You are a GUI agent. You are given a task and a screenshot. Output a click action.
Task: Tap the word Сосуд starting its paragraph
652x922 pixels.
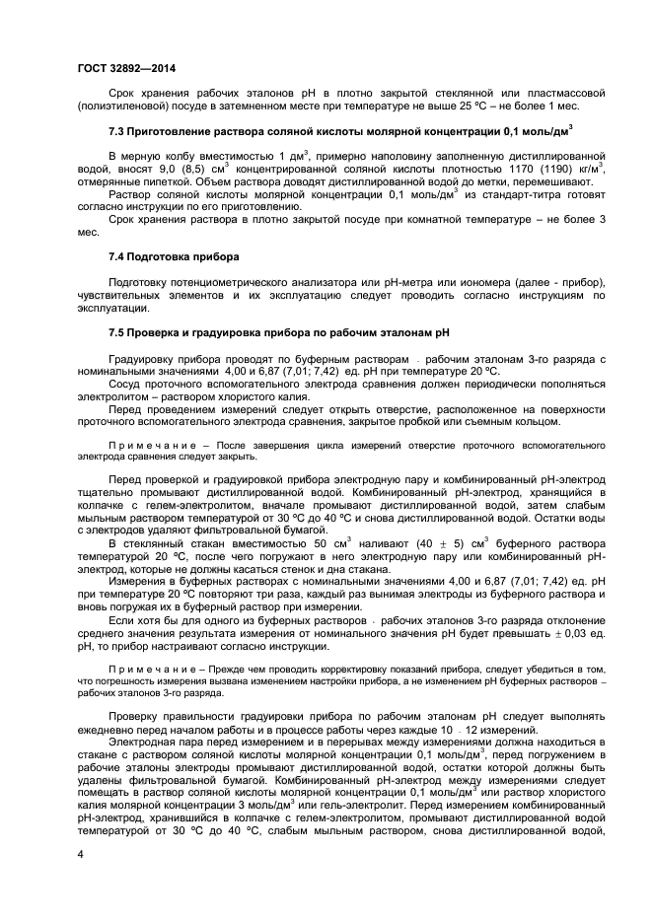click(x=127, y=385)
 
